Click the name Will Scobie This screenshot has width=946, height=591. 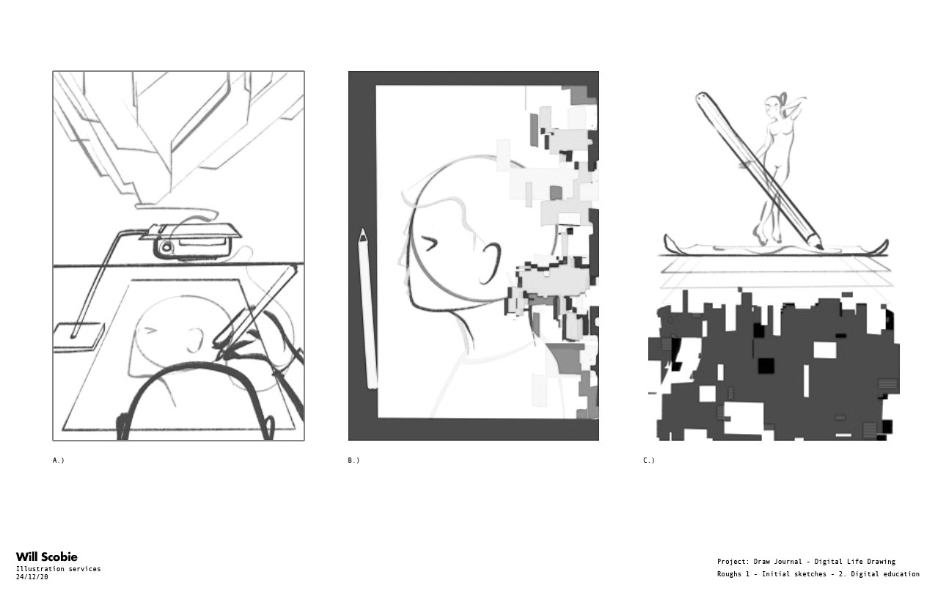[x=46, y=557]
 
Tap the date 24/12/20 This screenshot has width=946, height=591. [x=32, y=576]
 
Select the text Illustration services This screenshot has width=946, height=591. [x=58, y=568]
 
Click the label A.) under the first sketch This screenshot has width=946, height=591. [x=58, y=460]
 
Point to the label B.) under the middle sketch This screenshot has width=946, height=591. [x=353, y=460]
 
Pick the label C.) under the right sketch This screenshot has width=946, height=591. [x=649, y=460]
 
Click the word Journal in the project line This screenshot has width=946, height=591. [x=788, y=562]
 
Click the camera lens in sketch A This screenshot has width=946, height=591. [x=166, y=247]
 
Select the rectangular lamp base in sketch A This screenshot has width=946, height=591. [x=78, y=337]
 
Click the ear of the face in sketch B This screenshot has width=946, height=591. [x=490, y=263]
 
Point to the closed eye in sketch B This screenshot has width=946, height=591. [x=429, y=244]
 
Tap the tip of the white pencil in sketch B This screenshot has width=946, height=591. [x=362, y=230]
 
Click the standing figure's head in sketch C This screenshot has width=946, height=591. [x=771, y=106]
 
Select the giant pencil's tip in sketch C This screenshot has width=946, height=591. [x=821, y=249]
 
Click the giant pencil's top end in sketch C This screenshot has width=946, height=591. [x=701, y=97]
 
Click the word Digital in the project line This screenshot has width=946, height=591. [x=827, y=562]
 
